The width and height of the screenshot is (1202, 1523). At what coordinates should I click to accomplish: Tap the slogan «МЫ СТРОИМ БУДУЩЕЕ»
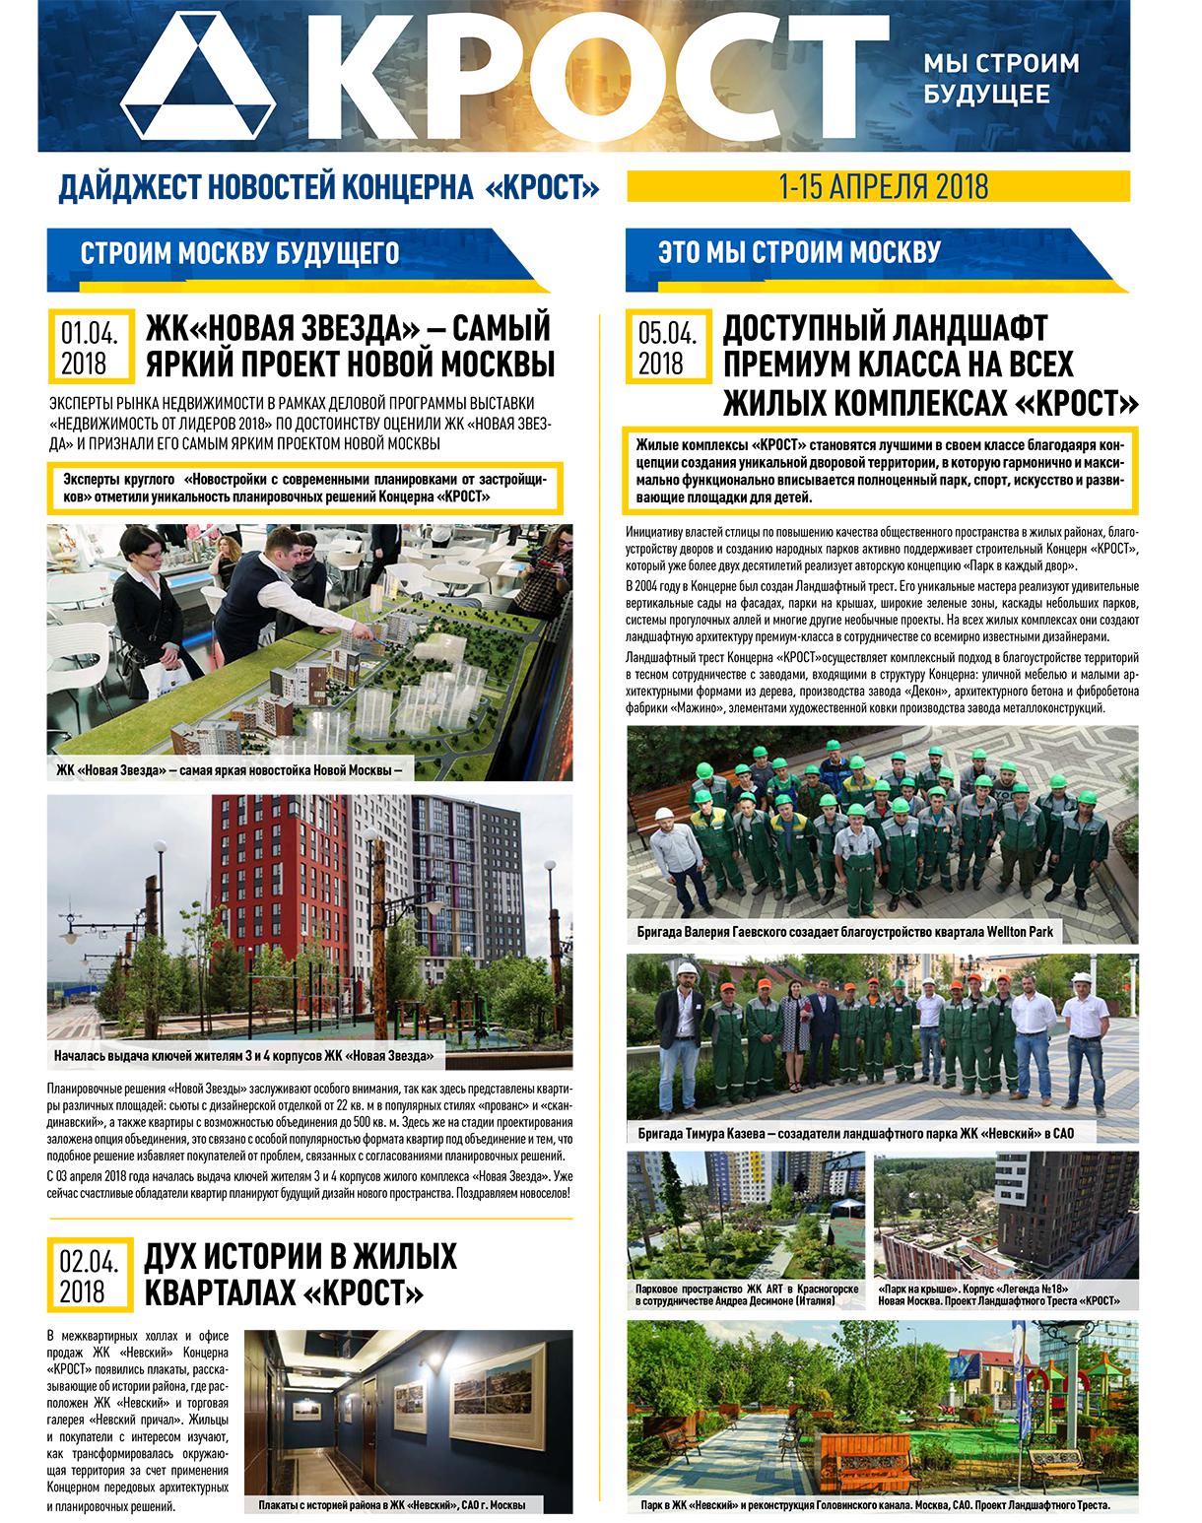pos(1000,79)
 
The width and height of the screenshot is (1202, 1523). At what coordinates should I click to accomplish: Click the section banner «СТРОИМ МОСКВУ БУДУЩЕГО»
pos(239,252)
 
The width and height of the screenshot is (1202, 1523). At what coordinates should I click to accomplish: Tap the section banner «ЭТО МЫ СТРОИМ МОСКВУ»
pos(798,252)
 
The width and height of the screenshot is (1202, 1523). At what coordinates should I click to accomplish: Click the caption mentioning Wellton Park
pos(844,931)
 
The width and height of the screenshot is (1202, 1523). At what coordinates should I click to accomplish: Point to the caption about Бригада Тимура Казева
pos(854,1134)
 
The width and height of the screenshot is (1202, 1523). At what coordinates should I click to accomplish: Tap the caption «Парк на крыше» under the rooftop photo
pos(999,1294)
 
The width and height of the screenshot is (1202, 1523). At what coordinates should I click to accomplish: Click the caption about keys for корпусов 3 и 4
pos(245,1057)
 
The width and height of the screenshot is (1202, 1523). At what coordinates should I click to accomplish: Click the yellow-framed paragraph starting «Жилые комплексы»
pos(880,467)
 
